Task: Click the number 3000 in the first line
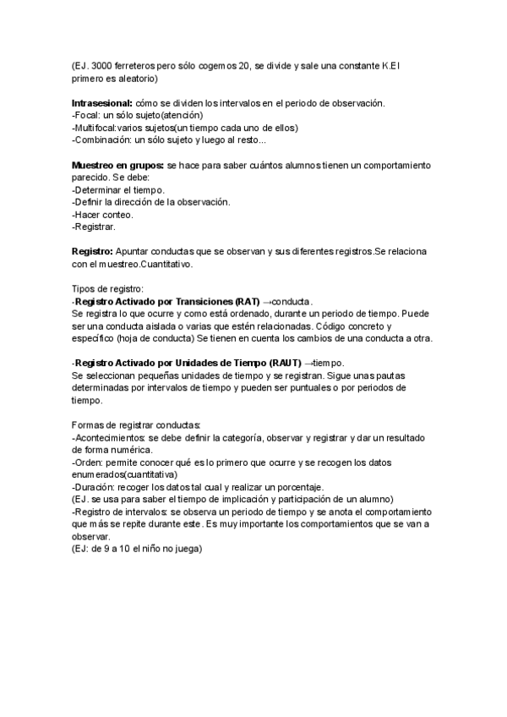[101, 66]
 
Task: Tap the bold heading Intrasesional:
[104, 103]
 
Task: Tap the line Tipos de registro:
[107, 289]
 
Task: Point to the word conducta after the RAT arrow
[295, 302]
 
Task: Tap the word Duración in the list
[95, 487]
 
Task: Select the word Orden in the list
[89, 462]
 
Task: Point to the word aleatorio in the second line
[131, 79]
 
